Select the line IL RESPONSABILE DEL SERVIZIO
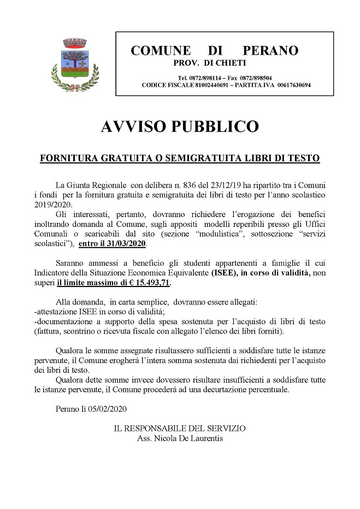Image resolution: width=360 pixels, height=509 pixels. click(180, 428)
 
